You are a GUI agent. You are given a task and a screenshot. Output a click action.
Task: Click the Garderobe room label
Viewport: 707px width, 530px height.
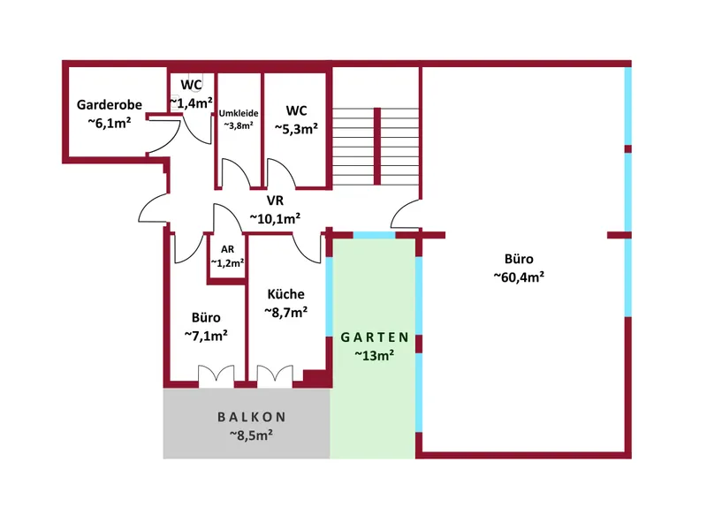pos(109,104)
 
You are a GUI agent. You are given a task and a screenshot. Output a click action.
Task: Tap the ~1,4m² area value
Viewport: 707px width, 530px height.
pos(191,103)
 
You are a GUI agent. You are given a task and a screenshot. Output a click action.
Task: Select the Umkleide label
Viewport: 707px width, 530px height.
pos(239,113)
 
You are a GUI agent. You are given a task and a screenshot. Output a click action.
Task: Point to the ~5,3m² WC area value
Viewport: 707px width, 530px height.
pos(296,129)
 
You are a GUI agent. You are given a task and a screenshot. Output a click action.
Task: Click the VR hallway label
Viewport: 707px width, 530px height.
pos(275,201)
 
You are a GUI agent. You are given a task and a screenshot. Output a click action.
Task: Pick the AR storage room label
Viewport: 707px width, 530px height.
pos(228,249)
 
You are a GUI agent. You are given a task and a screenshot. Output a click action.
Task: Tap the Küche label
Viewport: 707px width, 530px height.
pos(285,294)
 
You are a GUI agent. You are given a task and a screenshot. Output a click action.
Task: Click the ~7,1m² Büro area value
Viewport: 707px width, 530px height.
pos(206,336)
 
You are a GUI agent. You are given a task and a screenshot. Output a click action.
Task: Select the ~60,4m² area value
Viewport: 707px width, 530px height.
pos(519,276)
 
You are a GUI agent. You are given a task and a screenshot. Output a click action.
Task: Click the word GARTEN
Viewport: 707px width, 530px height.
pos(374,337)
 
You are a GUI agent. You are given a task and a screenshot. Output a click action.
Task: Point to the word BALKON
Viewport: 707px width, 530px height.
pos(252,417)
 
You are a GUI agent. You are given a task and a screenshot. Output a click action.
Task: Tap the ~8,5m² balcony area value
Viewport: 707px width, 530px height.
pos(251,435)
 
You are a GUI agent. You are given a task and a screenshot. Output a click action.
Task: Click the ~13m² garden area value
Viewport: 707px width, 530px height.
pos(374,355)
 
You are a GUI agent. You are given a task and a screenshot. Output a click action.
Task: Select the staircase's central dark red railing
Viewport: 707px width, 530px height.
pos(377,146)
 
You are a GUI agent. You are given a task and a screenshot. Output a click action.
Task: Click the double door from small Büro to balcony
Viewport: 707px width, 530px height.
pos(217,376)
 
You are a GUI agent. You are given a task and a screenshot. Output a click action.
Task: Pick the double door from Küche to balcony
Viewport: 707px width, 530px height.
pos(275,376)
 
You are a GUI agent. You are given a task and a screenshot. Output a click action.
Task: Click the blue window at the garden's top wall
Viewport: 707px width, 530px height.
pos(374,235)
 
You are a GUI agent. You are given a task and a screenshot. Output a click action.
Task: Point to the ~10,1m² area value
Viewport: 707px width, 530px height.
pos(275,218)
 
